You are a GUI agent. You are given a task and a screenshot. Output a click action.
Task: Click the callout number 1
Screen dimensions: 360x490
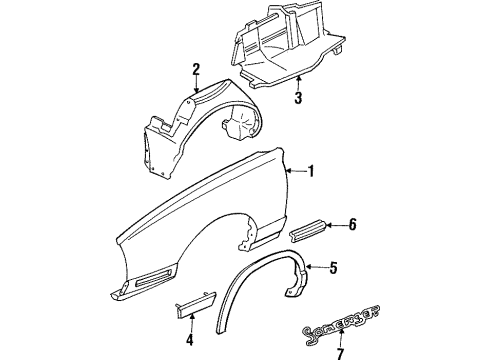[x=311, y=171]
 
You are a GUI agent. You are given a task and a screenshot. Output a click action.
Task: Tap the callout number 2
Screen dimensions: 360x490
[x=197, y=68]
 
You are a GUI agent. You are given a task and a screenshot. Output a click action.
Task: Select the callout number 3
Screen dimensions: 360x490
[x=297, y=98]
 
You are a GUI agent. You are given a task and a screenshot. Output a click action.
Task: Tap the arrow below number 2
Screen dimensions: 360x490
[x=197, y=84]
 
